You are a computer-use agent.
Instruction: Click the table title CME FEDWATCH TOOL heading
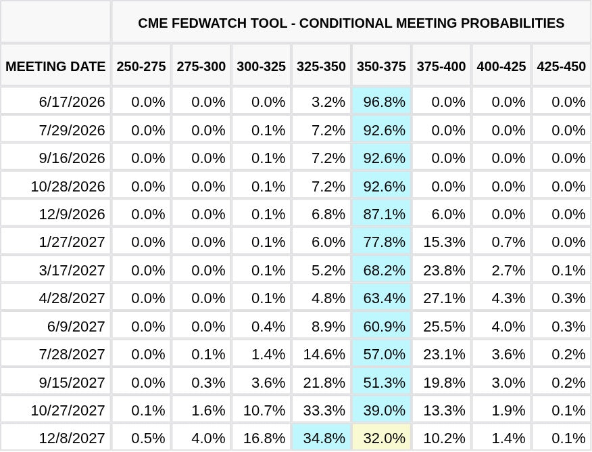pyautogui.click(x=351, y=23)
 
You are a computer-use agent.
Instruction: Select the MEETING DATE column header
pyautogui.click(x=55, y=66)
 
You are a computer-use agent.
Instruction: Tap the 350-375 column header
pyautogui.click(x=381, y=66)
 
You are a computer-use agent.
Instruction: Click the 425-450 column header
pyautogui.click(x=561, y=66)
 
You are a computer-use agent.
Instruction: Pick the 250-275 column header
pyautogui.click(x=141, y=66)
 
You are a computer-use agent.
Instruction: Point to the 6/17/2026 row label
pyautogui.click(x=72, y=101)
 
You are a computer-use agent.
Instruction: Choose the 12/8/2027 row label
pyautogui.click(x=72, y=438)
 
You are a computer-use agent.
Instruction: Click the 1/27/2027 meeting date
pyautogui.click(x=72, y=242)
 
